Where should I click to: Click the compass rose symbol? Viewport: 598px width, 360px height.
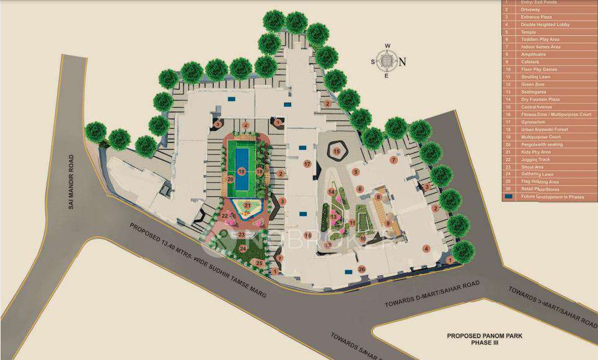pyautogui.click(x=387, y=61)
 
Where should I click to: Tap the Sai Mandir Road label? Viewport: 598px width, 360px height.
pyautogui.click(x=71, y=181)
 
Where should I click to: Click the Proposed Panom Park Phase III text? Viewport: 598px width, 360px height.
pyautogui.click(x=485, y=340)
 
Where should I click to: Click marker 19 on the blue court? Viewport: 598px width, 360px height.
pyautogui.click(x=242, y=171)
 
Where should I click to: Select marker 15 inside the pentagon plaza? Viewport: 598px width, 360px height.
pyautogui.click(x=337, y=151)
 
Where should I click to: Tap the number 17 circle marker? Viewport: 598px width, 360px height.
pyautogui.click(x=307, y=164)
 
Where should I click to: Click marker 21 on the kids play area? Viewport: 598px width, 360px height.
pyautogui.click(x=247, y=205)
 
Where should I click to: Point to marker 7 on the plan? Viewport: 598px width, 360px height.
pyautogui.click(x=393, y=160)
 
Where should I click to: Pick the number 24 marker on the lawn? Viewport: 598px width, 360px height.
pyautogui.click(x=243, y=248)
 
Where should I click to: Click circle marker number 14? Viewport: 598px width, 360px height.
pyautogui.click(x=332, y=192)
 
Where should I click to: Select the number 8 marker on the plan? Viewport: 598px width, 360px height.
pyautogui.click(x=377, y=197)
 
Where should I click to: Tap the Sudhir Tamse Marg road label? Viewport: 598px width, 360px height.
pyautogui.click(x=198, y=260)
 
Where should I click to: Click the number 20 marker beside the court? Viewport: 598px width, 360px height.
pyautogui.click(x=230, y=179)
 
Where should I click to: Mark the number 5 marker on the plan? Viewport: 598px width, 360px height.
pyautogui.click(x=356, y=172)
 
